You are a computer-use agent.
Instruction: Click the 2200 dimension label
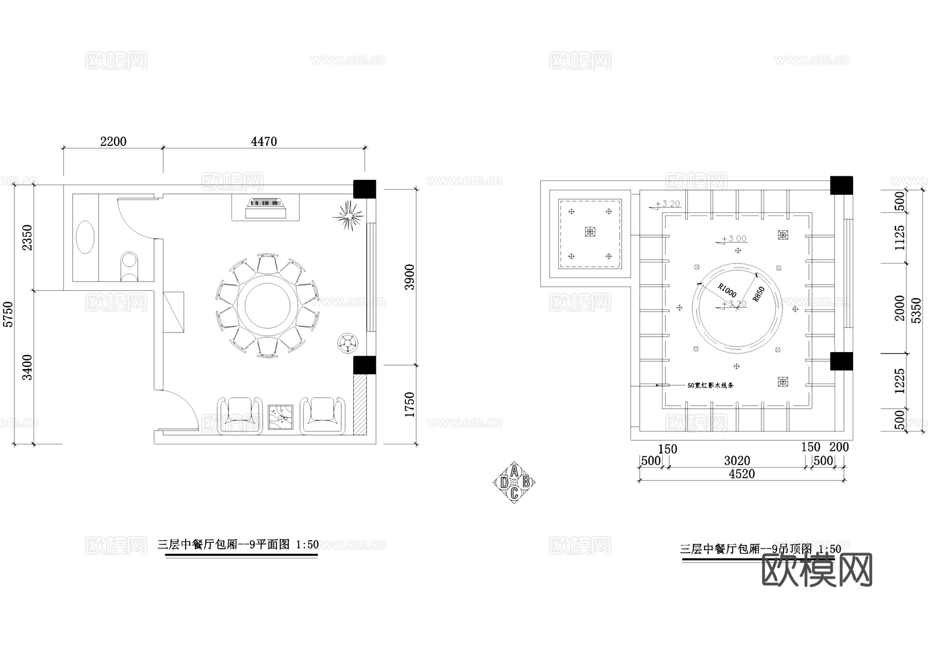coord(113,141)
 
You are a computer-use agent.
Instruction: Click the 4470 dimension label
coord(264,141)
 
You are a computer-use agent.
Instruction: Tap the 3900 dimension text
coord(409,277)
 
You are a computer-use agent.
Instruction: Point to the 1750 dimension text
coord(409,405)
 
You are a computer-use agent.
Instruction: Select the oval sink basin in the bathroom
coord(85,237)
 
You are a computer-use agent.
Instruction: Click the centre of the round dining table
coord(267,305)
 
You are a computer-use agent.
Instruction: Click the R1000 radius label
coord(727,290)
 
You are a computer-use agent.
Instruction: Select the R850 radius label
coord(759,294)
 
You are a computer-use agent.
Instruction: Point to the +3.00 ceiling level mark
coord(734,239)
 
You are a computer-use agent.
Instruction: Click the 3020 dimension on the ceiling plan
coord(737,460)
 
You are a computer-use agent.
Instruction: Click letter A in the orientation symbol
coord(514,472)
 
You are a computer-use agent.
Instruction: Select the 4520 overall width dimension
coord(741,474)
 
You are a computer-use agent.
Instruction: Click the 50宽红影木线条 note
coord(710,385)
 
